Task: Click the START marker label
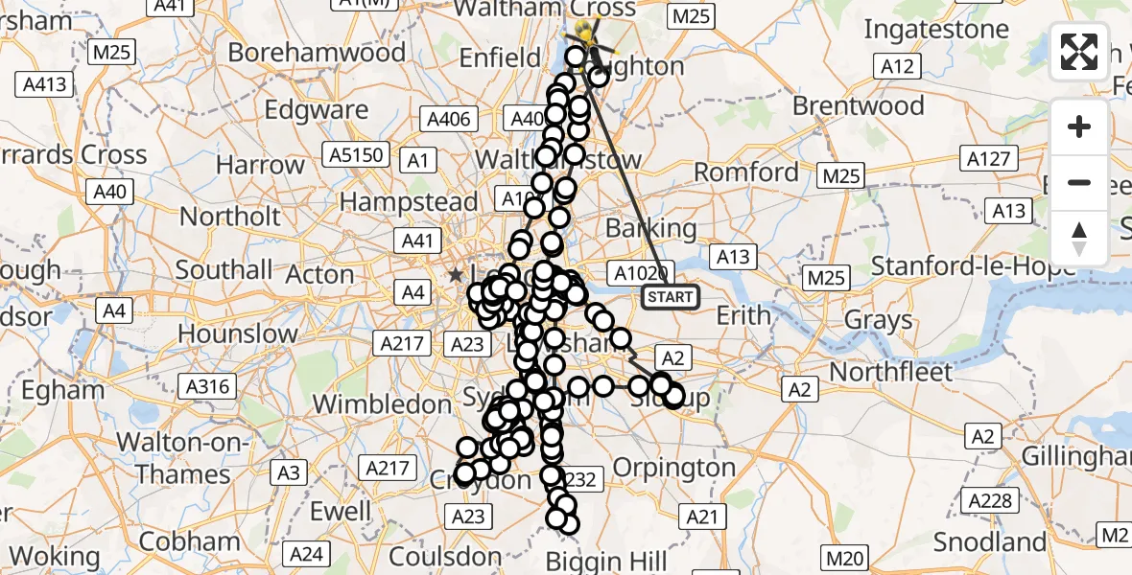pyautogui.click(x=670, y=297)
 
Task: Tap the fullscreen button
pyautogui.click(x=1079, y=52)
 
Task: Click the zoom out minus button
pyautogui.click(x=1079, y=182)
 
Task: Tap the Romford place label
pyautogui.click(x=745, y=173)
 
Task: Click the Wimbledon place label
pyautogui.click(x=382, y=404)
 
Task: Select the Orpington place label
pyautogui.click(x=672, y=468)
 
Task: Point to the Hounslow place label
pyautogui.click(x=238, y=334)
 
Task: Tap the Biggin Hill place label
pyautogui.click(x=614, y=561)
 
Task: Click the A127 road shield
pyautogui.click(x=990, y=158)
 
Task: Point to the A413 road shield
pyautogui.click(x=44, y=84)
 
